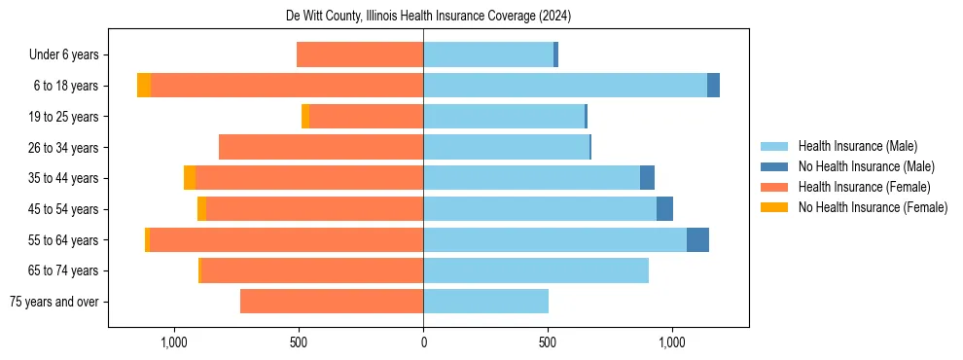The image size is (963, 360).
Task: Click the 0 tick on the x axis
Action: point(423,342)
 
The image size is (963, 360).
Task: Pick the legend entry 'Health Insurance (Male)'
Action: point(857,147)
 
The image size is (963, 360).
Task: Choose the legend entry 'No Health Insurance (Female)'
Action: point(873,207)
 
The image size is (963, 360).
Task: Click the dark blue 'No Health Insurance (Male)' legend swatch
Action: point(774,167)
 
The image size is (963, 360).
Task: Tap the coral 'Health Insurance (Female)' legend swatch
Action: point(774,187)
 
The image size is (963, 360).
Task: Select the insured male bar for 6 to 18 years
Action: point(565,86)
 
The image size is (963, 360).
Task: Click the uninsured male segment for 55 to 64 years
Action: point(697,239)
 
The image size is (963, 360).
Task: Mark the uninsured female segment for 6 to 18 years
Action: point(144,86)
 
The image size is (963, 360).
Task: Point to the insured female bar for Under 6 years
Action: point(360,54)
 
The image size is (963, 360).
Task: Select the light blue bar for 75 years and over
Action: point(485,302)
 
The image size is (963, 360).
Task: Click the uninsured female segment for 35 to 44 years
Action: point(190,178)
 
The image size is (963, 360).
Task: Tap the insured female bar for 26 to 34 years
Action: point(321,147)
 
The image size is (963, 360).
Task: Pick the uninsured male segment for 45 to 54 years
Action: point(664,209)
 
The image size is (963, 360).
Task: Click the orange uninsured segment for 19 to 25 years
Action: point(305,117)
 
